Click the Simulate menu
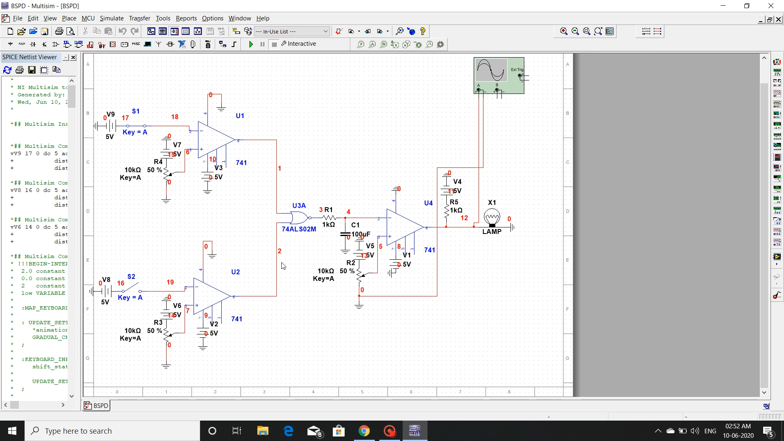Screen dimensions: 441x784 [111, 18]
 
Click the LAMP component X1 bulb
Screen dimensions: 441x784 [492, 217]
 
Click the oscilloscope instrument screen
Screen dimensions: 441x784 [491, 70]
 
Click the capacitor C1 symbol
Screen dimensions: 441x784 [345, 234]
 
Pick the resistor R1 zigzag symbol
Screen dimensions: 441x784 [329, 218]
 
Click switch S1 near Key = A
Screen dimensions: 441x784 [136, 126]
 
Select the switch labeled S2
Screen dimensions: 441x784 [131, 287]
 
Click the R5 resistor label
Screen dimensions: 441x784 [454, 202]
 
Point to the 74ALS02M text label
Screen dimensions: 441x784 [299, 229]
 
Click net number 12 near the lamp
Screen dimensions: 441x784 [464, 218]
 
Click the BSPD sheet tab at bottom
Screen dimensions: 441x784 [96, 405]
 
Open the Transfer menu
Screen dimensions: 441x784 [139, 18]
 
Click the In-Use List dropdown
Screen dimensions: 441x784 [292, 31]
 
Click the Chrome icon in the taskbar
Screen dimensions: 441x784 [364, 431]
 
